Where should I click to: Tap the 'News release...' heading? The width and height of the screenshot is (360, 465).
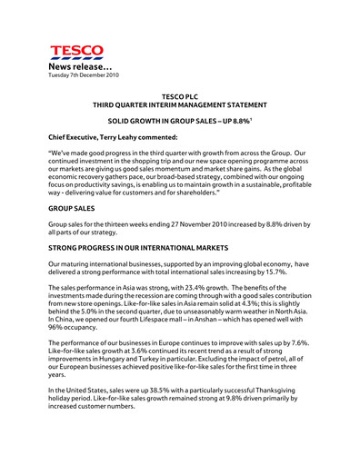(82, 69)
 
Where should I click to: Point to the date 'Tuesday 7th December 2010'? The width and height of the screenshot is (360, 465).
(83, 78)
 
